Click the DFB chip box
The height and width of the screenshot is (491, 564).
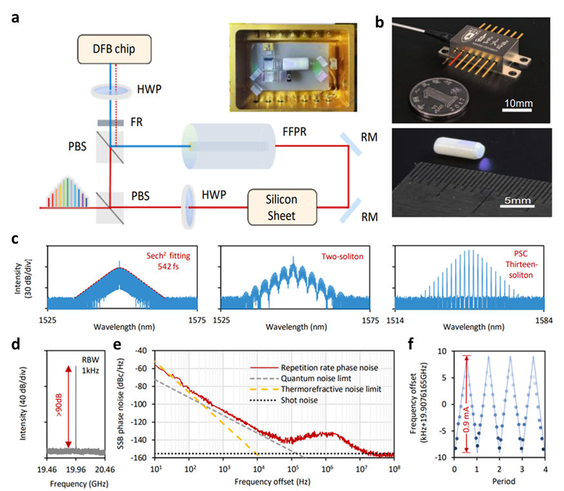pos(115,49)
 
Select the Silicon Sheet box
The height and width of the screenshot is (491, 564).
pos(283,207)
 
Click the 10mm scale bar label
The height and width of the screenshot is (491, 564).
pos(517,103)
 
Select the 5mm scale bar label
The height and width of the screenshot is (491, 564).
pos(517,201)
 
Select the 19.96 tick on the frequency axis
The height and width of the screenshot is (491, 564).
pos(76,464)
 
